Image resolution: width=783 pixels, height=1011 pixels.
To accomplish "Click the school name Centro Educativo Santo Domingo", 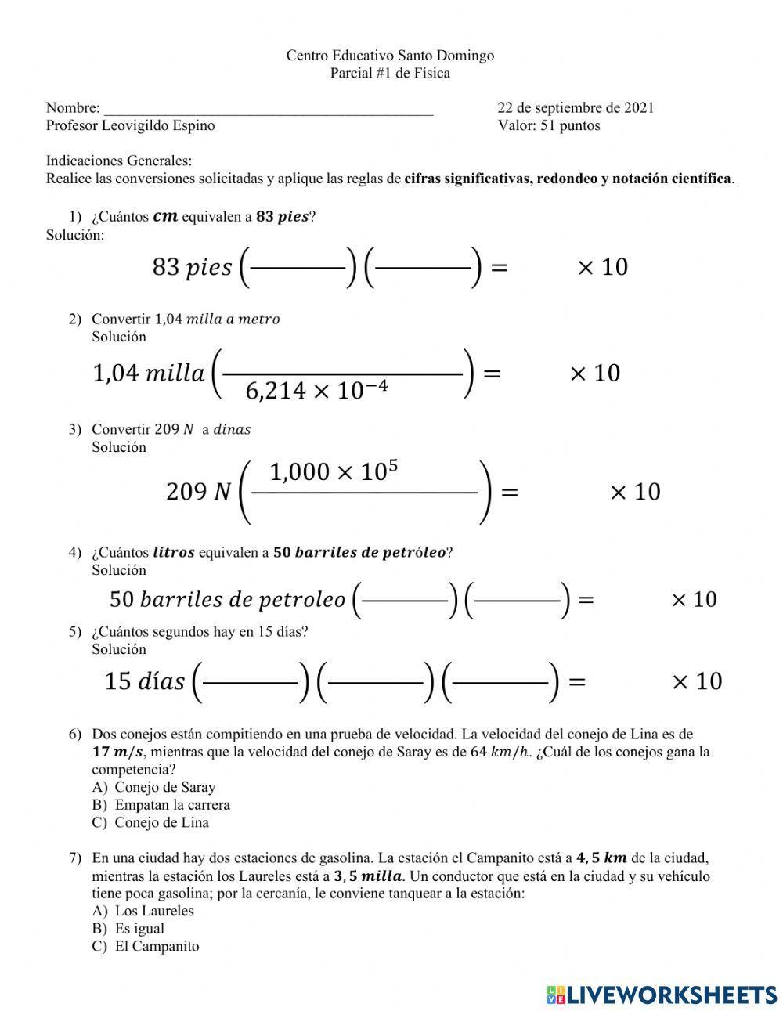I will (x=389, y=56).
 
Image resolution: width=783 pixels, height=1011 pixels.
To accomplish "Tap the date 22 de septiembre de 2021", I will (x=575, y=108).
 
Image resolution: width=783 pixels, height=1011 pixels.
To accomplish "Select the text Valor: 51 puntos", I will (x=548, y=125).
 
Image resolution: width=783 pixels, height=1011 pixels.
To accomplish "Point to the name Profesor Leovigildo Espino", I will (x=130, y=125).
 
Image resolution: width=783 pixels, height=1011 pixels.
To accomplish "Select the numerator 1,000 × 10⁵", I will (x=334, y=472).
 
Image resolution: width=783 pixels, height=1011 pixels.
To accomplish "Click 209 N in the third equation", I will (x=199, y=492).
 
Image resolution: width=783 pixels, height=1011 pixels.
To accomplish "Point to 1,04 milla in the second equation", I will (x=148, y=374).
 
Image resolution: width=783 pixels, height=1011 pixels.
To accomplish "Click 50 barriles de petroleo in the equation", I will (x=227, y=600).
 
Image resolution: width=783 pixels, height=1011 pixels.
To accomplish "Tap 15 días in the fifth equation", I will (x=144, y=681).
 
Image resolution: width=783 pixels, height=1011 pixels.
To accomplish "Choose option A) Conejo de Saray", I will (x=164, y=787).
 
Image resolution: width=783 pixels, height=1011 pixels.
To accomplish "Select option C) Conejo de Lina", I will (x=161, y=822).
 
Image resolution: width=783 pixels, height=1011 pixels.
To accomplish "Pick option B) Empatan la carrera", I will (x=171, y=805).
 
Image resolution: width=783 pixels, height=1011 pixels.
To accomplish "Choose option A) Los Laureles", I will (x=153, y=911).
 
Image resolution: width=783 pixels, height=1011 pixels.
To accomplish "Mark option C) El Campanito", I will (x=157, y=946).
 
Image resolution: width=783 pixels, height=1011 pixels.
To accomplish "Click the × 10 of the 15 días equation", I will (x=696, y=681).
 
